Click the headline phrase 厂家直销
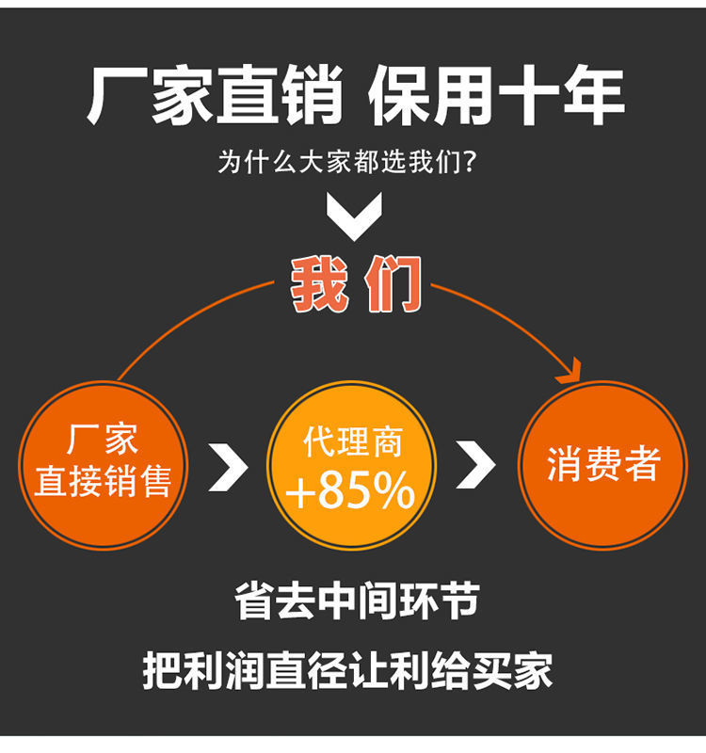coord(215,98)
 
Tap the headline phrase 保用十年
coord(496,98)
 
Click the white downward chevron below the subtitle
coord(354,216)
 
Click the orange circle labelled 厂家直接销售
coord(103,464)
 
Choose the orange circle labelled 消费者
coord(602,464)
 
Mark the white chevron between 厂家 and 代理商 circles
coord(227,465)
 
